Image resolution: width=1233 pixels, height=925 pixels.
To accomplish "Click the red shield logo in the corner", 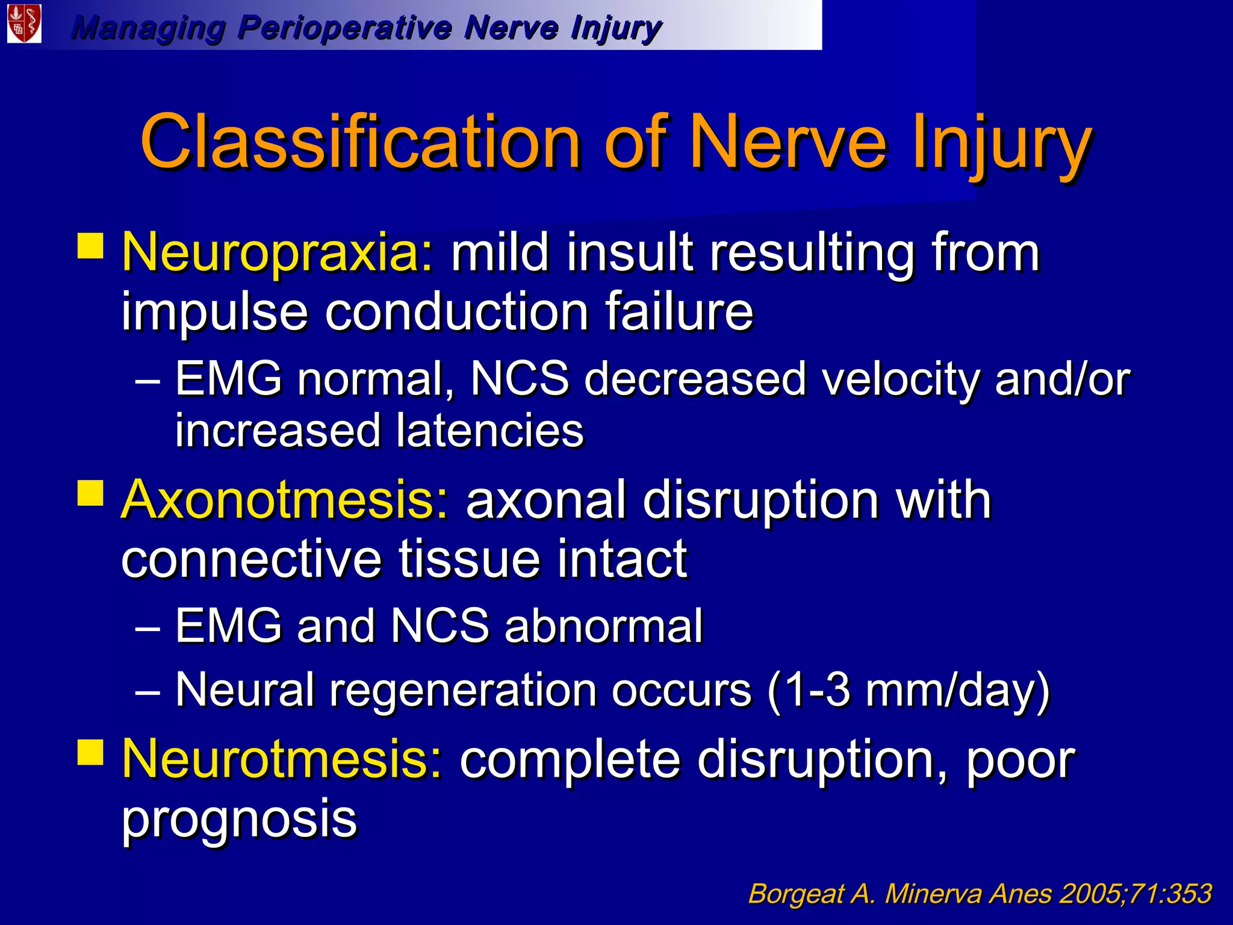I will (24, 24).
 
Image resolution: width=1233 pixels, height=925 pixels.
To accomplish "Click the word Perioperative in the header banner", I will (344, 28).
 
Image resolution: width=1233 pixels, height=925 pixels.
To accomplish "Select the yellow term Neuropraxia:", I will (278, 253).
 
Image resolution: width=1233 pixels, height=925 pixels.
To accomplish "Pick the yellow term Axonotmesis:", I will (285, 500).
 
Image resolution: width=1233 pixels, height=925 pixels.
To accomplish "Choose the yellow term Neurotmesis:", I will (282, 759).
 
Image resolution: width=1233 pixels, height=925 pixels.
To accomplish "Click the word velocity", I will (901, 379).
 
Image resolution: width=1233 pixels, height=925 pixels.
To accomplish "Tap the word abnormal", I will (603, 626).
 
